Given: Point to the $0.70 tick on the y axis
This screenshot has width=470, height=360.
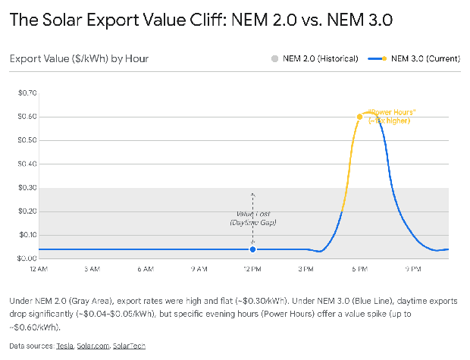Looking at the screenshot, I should point(27,92).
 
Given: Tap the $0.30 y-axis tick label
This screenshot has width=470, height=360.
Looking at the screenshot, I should point(27,187).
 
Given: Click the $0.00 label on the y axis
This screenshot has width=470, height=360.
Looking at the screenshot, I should point(27,258).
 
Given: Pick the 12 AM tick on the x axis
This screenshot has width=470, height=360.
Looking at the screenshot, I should point(39,269).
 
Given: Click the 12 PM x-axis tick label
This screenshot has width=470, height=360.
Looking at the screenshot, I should point(252,269).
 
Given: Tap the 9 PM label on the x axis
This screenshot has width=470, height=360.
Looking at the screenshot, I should point(412,269).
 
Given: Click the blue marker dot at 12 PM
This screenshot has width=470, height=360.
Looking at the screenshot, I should point(252,249).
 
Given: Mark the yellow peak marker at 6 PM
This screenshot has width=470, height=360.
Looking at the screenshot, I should point(359,117).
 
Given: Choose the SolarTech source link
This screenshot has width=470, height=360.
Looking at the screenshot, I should point(129,346).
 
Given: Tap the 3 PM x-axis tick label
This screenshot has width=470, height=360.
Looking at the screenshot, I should point(305,269).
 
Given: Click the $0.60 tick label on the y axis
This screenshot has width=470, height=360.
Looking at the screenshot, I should point(27,117).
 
